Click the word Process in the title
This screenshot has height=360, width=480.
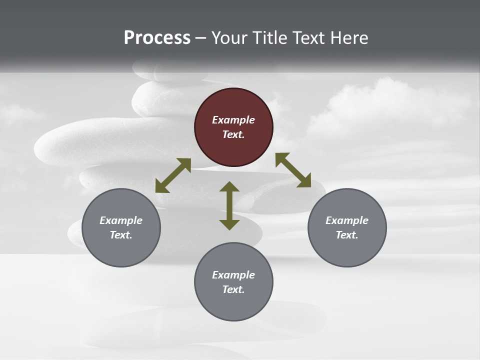157,38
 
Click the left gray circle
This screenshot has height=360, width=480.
121,227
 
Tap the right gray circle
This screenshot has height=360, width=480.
347,227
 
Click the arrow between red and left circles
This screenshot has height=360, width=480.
173,175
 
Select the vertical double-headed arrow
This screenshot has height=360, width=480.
229,205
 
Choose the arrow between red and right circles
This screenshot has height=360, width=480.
293,170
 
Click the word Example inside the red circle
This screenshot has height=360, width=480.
233,120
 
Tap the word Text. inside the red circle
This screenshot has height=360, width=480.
233,134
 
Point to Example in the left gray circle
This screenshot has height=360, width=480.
121,220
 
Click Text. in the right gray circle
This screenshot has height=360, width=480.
347,235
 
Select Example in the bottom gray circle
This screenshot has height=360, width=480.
233,275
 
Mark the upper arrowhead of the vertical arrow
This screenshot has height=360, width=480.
229,187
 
